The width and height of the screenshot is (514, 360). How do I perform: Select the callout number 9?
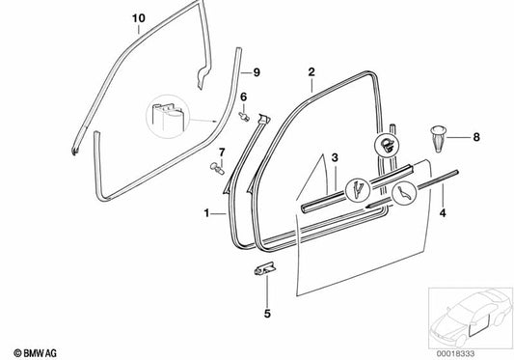pos(257,72)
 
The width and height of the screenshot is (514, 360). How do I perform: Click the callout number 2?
pos(311,72)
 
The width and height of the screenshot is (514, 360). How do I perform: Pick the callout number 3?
pos(335,156)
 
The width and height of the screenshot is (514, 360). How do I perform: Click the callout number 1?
pos(204,210)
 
